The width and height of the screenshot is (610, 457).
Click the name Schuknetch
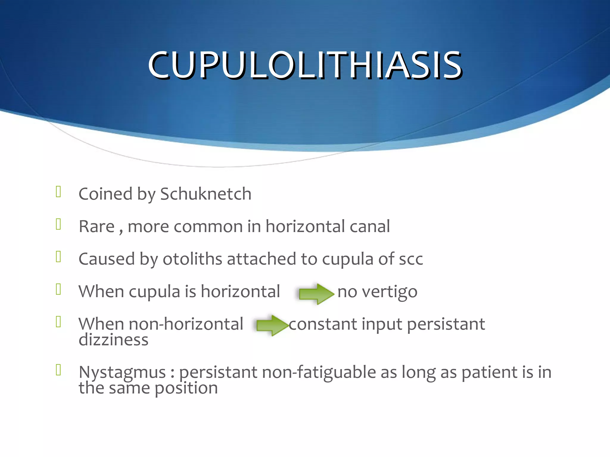click(x=206, y=194)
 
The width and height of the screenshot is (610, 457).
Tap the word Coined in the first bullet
click(x=105, y=194)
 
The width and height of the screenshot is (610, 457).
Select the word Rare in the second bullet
click(x=97, y=226)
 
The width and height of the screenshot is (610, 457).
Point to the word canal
click(x=370, y=226)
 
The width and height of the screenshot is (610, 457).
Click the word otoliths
click(x=192, y=259)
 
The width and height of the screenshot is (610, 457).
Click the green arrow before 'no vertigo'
click(x=316, y=294)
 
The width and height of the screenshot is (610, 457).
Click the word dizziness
click(x=113, y=340)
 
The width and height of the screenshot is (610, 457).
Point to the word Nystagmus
click(x=122, y=373)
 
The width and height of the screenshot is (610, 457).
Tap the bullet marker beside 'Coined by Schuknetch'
click(x=58, y=192)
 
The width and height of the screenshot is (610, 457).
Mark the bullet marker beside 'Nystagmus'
click(x=58, y=370)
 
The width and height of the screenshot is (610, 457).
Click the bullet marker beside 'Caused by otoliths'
click(x=58, y=256)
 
